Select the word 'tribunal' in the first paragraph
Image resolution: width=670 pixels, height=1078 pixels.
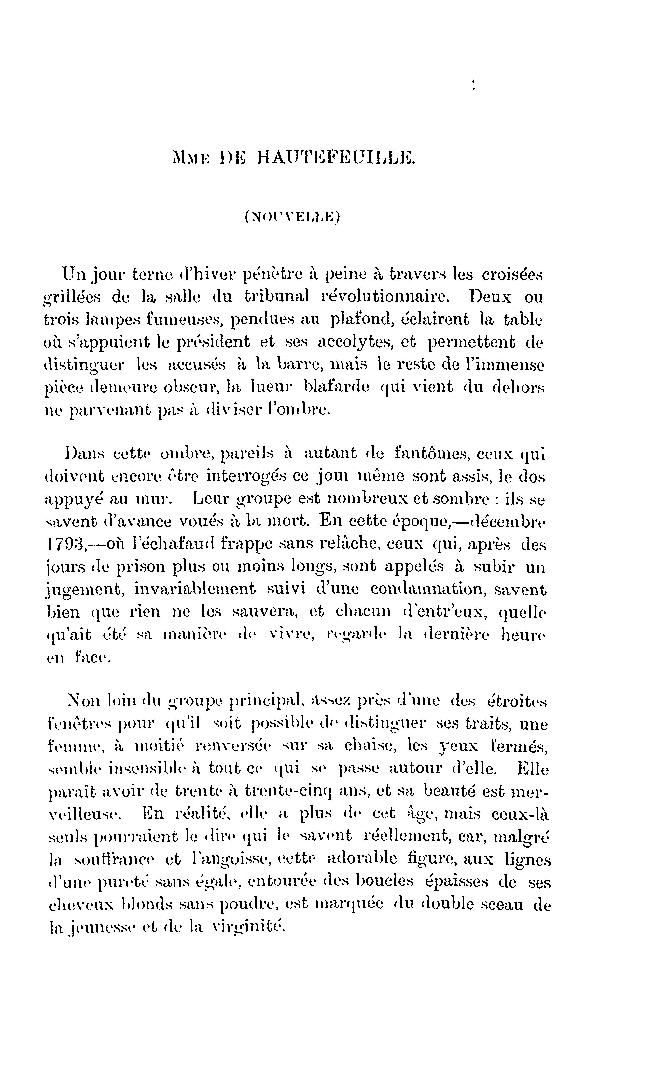[276, 296]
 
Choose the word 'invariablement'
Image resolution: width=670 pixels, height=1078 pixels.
[195, 590]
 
